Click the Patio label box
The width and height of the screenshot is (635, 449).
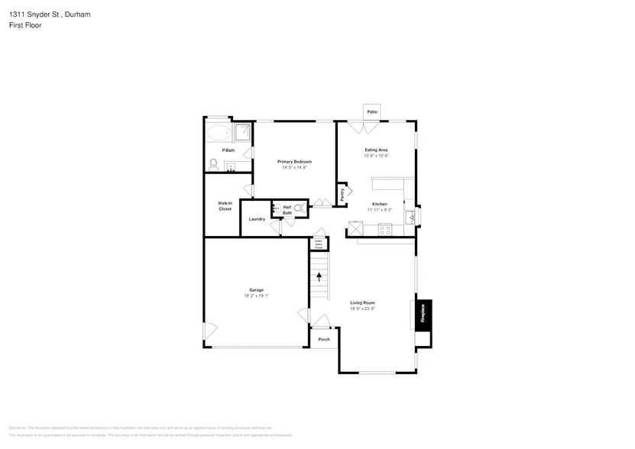[x=372, y=112]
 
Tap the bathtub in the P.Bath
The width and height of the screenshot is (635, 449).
[x=219, y=134]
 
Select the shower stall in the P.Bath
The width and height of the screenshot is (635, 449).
[x=242, y=133]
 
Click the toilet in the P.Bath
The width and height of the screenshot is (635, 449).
[x=213, y=163]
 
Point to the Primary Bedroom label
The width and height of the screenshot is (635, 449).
[x=294, y=162]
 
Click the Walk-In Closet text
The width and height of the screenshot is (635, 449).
[x=225, y=205]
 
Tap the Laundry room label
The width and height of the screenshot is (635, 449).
[x=257, y=219]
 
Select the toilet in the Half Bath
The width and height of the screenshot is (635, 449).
[x=300, y=208]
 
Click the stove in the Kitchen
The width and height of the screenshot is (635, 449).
[x=386, y=228]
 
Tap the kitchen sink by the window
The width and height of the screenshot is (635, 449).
[x=411, y=217]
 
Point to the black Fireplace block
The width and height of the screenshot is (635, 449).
[x=423, y=314]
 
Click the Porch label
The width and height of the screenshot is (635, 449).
[x=324, y=339]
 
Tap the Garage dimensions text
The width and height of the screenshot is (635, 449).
[x=256, y=295]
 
